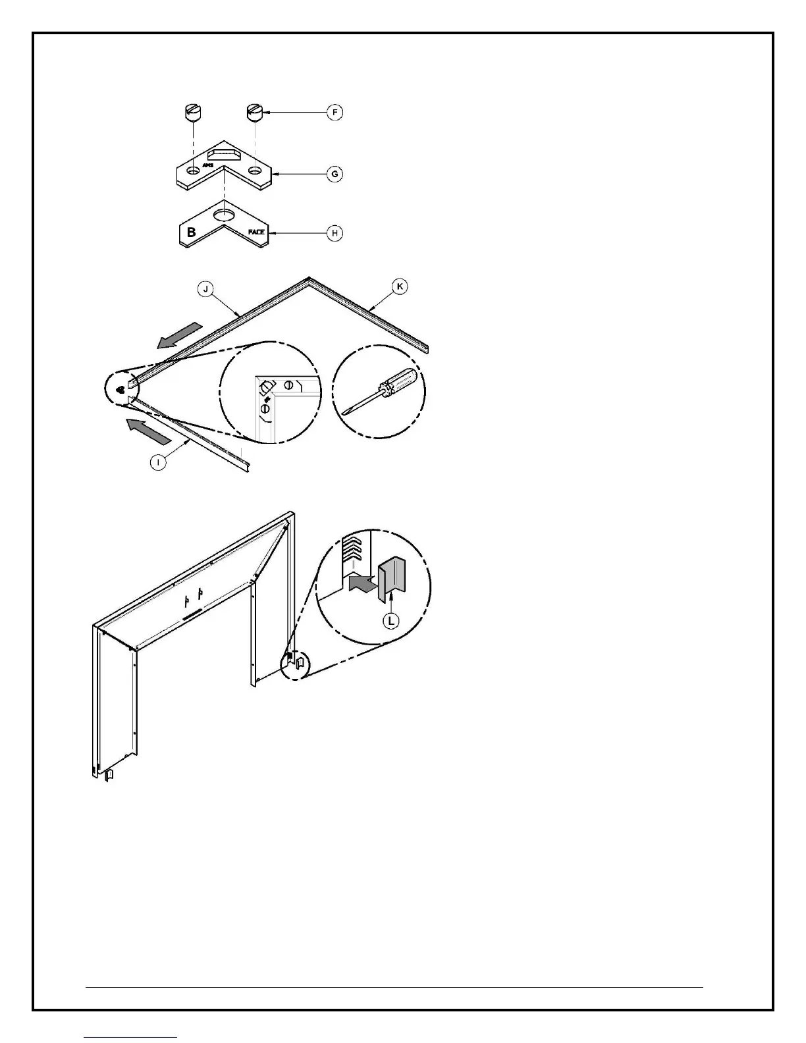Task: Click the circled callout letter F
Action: (x=335, y=113)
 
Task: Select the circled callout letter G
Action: (x=335, y=174)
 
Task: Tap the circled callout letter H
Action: (x=335, y=232)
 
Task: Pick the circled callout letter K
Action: (x=399, y=286)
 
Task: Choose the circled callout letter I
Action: (x=159, y=462)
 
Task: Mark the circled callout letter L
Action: (x=391, y=620)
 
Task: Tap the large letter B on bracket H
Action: (x=192, y=232)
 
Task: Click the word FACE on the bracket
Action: (x=256, y=232)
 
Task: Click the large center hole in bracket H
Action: (x=225, y=215)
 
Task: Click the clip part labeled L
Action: (x=391, y=577)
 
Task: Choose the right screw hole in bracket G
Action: (x=254, y=170)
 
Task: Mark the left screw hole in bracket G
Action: (x=192, y=171)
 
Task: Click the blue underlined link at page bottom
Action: (x=131, y=1039)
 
